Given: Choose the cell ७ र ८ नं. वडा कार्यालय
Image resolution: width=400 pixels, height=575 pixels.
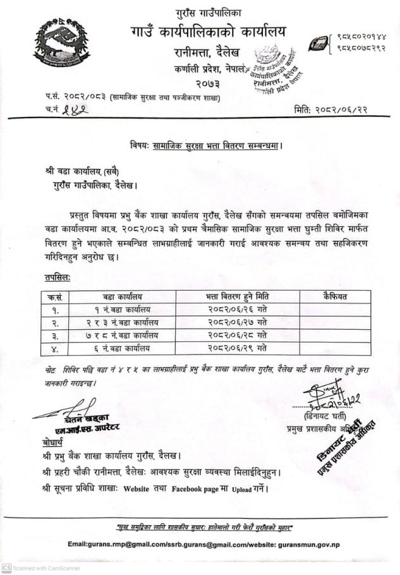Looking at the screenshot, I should point(123,335).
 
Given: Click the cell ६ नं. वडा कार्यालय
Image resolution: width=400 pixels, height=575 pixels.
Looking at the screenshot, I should point(123,348).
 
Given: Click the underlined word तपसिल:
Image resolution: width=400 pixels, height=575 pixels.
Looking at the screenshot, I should point(58,277).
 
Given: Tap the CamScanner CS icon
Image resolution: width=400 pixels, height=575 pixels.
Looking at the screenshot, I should point(6,568).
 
